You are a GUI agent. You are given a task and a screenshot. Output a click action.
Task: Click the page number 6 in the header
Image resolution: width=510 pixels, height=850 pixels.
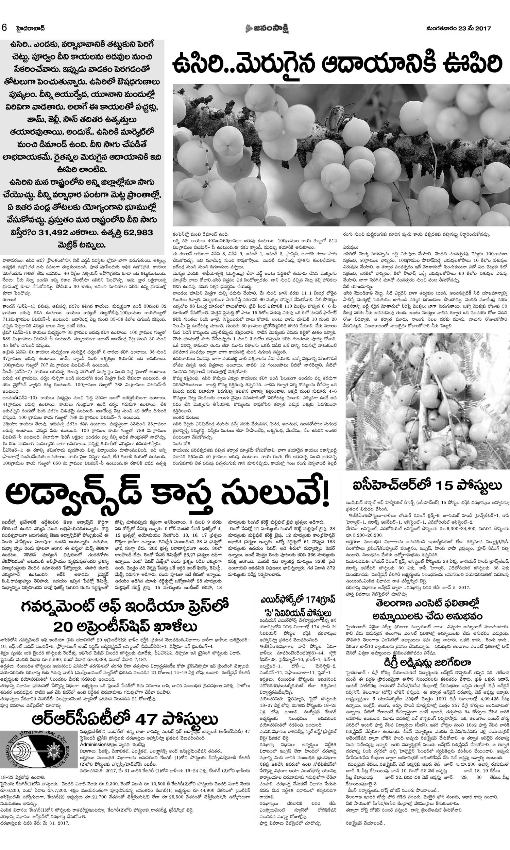point(4,28)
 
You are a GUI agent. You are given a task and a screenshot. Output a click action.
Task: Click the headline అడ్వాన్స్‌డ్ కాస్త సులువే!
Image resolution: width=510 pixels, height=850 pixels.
point(167,496)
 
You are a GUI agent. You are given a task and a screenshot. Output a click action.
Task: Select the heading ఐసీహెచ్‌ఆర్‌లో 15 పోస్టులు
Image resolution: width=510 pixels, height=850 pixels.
point(425,486)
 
